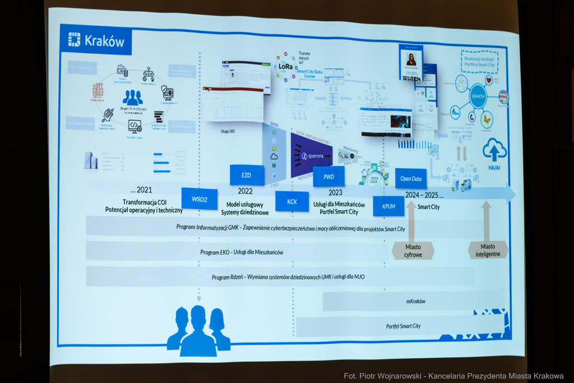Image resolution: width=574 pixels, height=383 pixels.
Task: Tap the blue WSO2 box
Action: (x=199, y=199)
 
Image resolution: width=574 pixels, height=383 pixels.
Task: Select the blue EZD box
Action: (x=247, y=176)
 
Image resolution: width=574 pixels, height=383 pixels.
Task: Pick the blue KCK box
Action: (x=292, y=202)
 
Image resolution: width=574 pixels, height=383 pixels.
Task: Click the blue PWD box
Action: (x=329, y=177)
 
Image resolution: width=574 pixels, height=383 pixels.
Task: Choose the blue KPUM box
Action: (x=388, y=206)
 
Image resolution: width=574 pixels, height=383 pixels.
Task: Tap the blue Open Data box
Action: (x=411, y=179)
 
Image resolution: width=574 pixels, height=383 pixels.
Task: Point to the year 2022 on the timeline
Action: (x=245, y=191)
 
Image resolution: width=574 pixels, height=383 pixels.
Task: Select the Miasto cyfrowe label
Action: (x=413, y=251)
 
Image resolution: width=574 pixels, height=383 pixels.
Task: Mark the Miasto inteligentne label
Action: (x=488, y=250)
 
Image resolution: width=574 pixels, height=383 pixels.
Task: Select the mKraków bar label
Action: (x=415, y=301)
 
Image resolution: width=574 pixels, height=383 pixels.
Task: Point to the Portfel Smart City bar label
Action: (x=403, y=326)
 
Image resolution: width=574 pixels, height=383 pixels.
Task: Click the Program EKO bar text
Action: (x=242, y=252)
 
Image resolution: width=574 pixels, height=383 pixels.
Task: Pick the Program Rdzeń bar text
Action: (x=280, y=277)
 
